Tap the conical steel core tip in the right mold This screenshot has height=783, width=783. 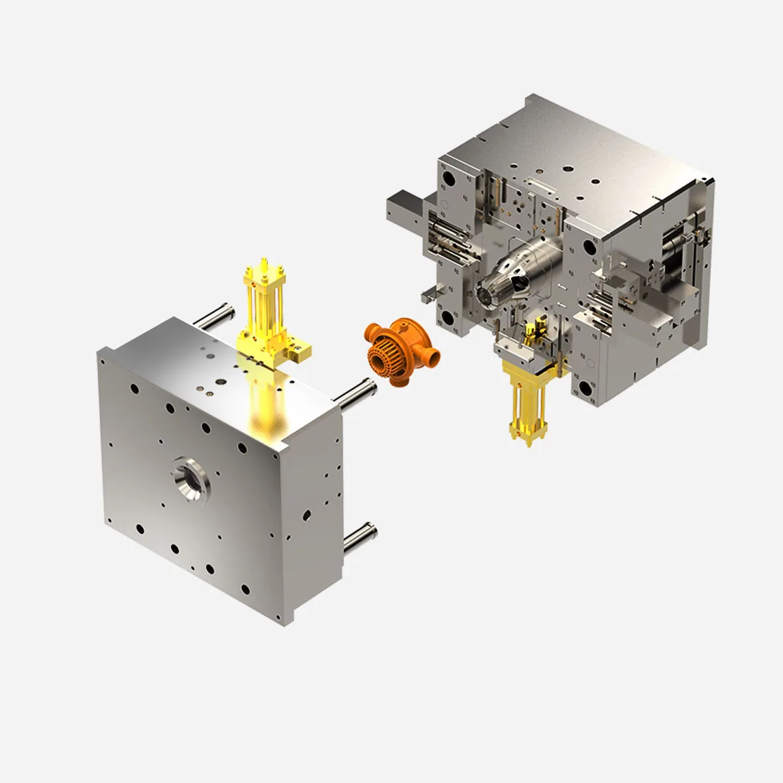coord(494,286)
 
